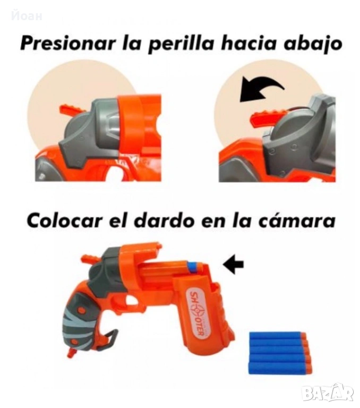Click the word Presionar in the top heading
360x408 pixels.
[x=68, y=44]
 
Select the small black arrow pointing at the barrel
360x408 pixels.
[x=233, y=264]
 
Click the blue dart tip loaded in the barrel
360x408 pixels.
[x=192, y=268]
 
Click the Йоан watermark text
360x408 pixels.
[x=27, y=16]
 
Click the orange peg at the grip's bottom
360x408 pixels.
[x=71, y=353]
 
